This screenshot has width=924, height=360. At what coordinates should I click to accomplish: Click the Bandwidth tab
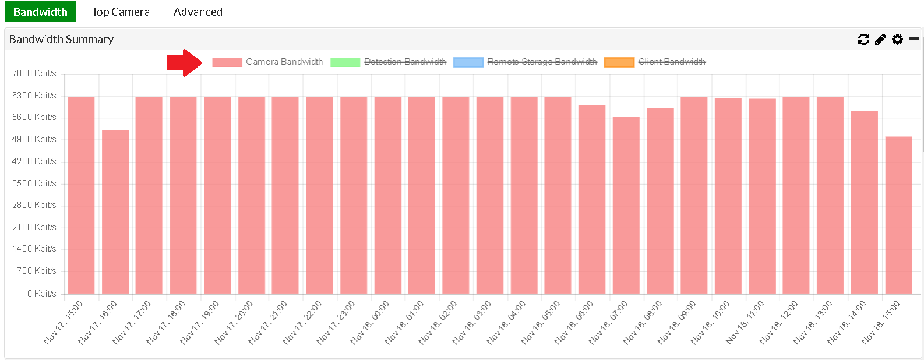pos(40,12)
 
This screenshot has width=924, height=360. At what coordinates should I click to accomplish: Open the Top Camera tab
pos(121,12)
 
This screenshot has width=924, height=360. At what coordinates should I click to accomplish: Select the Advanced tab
pos(198,12)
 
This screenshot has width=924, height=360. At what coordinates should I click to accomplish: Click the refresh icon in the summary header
pos(863,39)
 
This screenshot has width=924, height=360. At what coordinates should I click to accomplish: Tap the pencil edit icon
pos(880,39)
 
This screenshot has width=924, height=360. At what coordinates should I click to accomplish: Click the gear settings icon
pos(897,39)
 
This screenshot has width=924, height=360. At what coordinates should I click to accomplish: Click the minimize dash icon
pos(914,39)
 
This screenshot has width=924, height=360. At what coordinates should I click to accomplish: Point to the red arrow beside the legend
pos(184,62)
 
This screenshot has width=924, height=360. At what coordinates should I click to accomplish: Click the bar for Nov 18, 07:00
pos(626,205)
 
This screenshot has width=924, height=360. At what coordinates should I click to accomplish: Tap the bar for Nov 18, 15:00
pos(898,215)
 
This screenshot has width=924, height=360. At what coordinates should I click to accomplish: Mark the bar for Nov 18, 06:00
pos(592,199)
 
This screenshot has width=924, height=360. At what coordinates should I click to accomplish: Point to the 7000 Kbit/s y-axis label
pos(34,73)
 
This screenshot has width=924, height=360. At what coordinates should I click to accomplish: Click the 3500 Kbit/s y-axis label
pos(34,183)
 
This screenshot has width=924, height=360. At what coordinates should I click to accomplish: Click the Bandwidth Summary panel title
pos(61,39)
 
